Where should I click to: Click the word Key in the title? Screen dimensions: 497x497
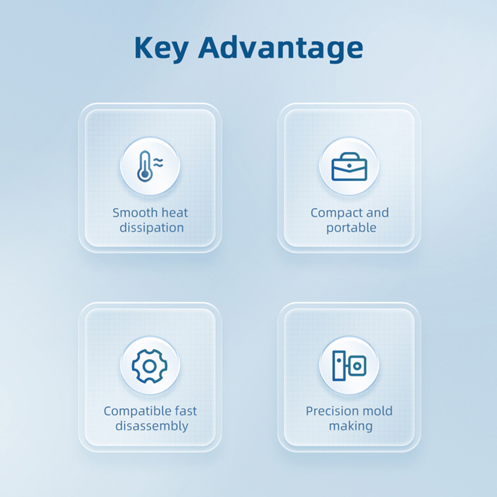click(x=161, y=48)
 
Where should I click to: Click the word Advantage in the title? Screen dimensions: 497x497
click(x=281, y=48)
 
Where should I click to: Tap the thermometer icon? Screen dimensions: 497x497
click(x=144, y=166)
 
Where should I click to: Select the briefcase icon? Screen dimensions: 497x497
click(x=349, y=167)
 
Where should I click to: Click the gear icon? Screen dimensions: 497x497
click(x=150, y=367)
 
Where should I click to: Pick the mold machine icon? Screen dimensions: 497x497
click(x=349, y=366)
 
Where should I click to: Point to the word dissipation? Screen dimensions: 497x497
click(x=151, y=228)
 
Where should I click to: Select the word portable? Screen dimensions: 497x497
click(x=351, y=228)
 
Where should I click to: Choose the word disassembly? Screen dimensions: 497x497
click(x=152, y=426)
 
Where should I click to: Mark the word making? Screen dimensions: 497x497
click(x=351, y=427)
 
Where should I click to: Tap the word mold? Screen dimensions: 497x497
click(x=375, y=411)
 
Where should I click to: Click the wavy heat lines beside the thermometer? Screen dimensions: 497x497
click(x=158, y=163)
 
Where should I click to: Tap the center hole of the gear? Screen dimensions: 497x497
click(x=150, y=367)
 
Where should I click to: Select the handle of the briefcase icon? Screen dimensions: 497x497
click(x=349, y=156)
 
